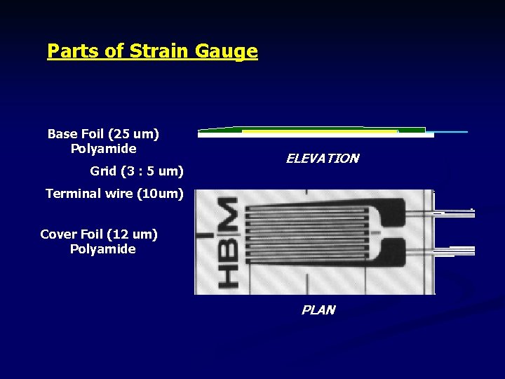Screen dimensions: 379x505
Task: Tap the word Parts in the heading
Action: [x=69, y=51]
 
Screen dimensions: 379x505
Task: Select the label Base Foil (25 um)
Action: [x=103, y=133]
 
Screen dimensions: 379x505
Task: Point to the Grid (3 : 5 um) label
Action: [x=137, y=171]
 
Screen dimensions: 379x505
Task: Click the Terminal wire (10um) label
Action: [x=114, y=193]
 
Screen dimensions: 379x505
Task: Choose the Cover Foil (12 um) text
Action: [x=99, y=234]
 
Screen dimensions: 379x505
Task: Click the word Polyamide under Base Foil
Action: [x=104, y=149]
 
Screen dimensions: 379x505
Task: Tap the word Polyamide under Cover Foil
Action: [x=102, y=249]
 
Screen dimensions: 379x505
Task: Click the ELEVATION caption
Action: [x=322, y=159]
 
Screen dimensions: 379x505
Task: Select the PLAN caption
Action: [x=318, y=310]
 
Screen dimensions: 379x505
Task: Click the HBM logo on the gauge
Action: [x=227, y=241]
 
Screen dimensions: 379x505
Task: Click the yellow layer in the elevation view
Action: [x=319, y=131]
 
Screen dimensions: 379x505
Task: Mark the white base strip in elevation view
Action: [x=316, y=135]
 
